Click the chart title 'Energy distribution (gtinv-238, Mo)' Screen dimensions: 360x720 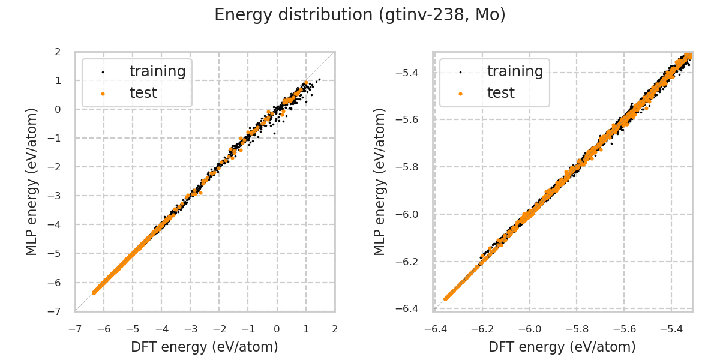(x=360, y=15)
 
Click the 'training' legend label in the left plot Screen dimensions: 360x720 (x=157, y=71)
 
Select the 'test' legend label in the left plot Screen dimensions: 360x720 (x=143, y=93)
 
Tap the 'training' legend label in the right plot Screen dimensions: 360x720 (x=515, y=71)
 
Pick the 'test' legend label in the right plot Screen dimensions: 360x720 (x=500, y=93)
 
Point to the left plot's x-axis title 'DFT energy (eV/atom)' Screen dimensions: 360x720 (x=205, y=347)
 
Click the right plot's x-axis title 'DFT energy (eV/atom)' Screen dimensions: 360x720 (x=562, y=347)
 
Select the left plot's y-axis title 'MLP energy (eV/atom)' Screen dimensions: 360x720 (x=32, y=182)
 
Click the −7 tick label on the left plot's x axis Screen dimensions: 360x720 (x=75, y=329)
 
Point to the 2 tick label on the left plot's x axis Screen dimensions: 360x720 (x=335, y=329)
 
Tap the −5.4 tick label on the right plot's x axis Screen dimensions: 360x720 (x=671, y=329)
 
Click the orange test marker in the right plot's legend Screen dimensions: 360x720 (x=460, y=94)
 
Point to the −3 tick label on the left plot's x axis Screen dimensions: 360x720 (x=190, y=329)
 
